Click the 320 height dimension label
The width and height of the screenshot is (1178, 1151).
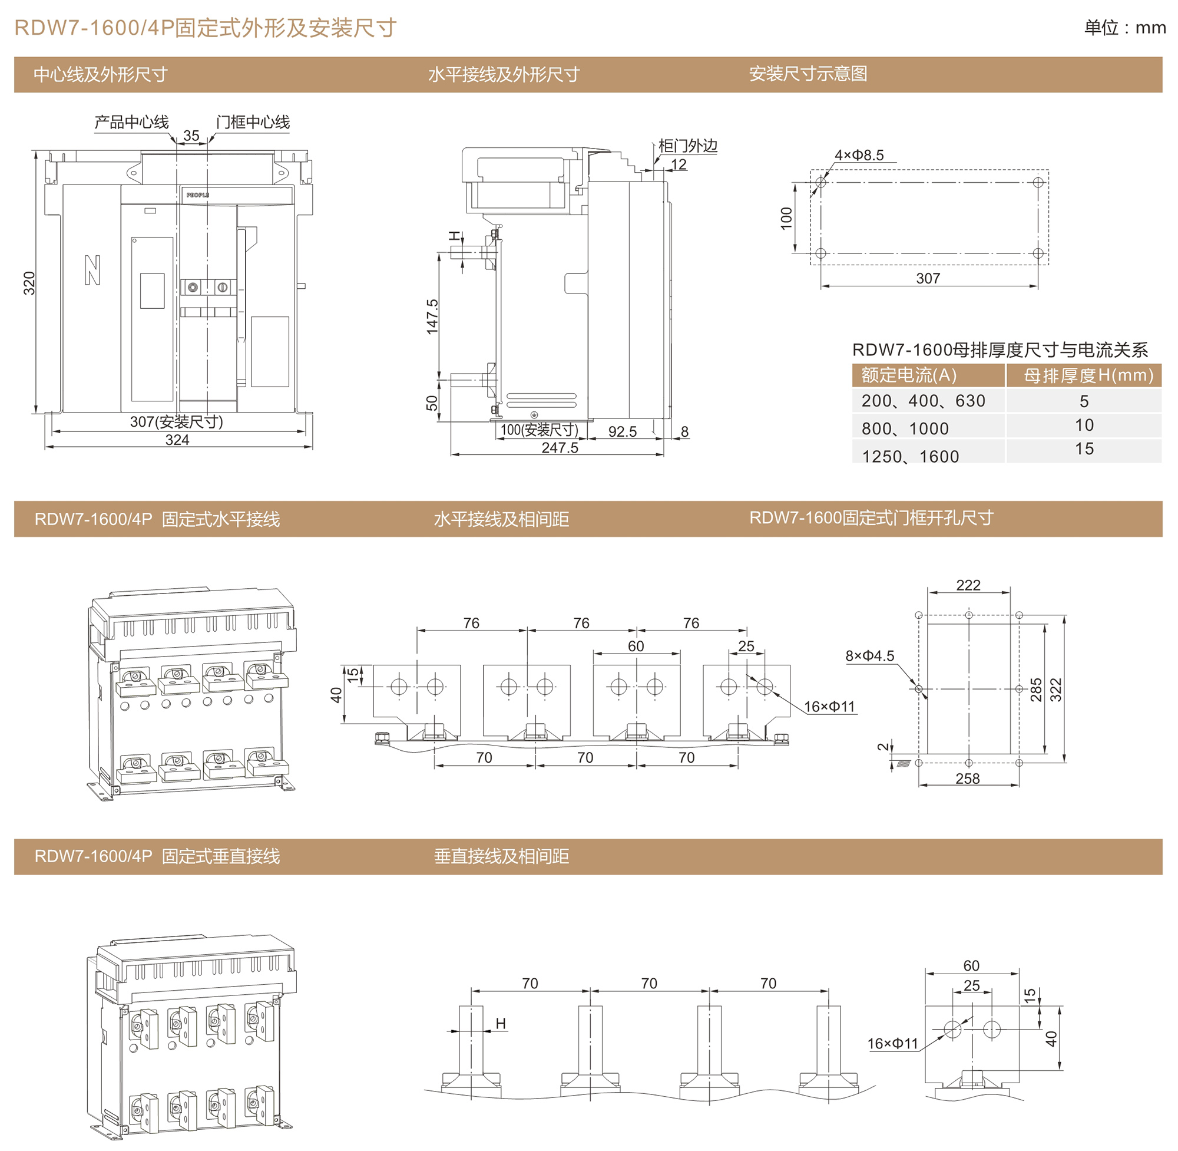point(29,283)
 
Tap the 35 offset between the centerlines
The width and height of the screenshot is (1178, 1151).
point(191,136)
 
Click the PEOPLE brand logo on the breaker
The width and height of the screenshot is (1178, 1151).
point(197,195)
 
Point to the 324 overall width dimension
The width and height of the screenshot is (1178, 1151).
point(177,440)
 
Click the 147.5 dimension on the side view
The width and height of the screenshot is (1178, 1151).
point(432,316)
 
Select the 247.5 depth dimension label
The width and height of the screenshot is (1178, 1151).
point(560,448)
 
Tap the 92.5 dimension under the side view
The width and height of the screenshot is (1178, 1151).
point(622,431)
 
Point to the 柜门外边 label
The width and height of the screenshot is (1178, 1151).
point(687,146)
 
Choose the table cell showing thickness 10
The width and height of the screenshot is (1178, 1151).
point(1084,426)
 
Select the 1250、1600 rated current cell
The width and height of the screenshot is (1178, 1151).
point(910,456)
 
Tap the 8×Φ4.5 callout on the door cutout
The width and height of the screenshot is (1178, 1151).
point(869,656)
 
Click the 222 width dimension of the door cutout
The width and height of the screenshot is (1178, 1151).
point(968,585)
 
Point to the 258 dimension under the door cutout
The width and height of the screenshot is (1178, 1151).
point(967,779)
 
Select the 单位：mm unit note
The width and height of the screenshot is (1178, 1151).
point(1124,28)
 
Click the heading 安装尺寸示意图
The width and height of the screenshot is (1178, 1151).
point(808,74)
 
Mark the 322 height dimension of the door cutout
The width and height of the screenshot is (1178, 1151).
point(1055,690)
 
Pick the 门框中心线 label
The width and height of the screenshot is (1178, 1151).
point(253,122)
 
